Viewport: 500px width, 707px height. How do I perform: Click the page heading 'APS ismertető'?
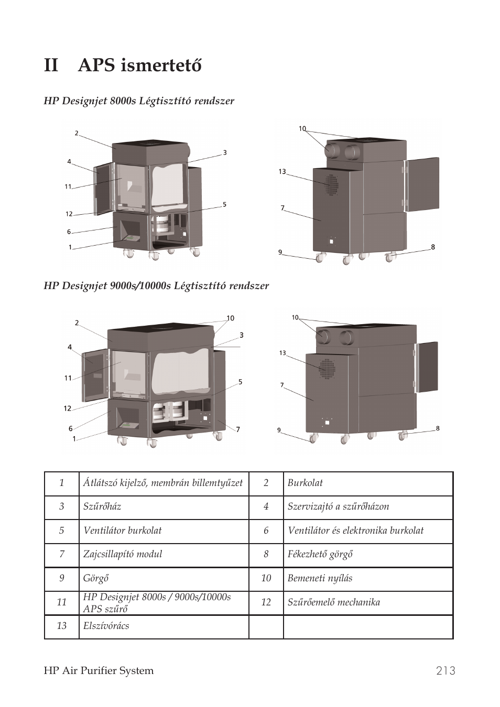139,66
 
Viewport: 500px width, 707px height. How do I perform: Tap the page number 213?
445,671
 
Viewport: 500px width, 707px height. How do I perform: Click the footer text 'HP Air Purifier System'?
99,671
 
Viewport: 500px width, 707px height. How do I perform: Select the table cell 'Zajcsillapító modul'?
123,554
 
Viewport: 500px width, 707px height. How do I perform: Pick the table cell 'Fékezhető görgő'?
320,554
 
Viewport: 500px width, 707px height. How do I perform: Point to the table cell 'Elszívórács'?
106,626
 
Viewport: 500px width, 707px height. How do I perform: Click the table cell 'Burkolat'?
305,483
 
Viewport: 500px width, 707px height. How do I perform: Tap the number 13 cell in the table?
61,626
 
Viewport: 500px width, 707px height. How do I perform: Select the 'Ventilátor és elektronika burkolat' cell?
355,531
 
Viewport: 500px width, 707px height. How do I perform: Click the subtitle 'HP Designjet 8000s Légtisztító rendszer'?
139,101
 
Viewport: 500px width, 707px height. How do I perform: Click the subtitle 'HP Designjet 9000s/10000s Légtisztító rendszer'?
156,286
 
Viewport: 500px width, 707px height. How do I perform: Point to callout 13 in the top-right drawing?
282,172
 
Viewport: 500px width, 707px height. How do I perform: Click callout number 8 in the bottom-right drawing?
438,428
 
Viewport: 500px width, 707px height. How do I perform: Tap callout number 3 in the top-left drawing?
225,153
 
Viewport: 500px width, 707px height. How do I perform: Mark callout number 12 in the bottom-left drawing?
68,408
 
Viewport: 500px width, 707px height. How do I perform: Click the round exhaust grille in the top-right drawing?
331,184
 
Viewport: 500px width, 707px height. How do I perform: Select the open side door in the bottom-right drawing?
427,367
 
